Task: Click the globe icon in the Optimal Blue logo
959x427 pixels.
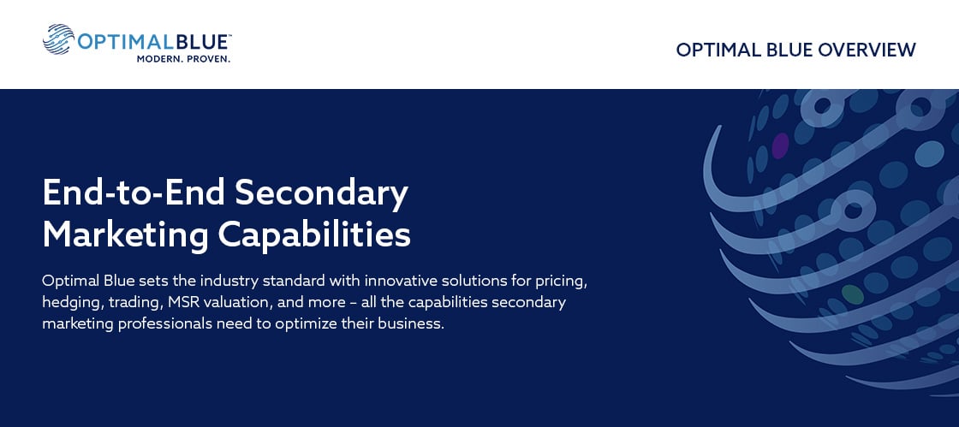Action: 59,39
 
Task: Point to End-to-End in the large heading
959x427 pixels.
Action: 134,193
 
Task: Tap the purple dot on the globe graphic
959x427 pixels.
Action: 780,146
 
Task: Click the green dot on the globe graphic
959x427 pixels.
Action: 853,294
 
